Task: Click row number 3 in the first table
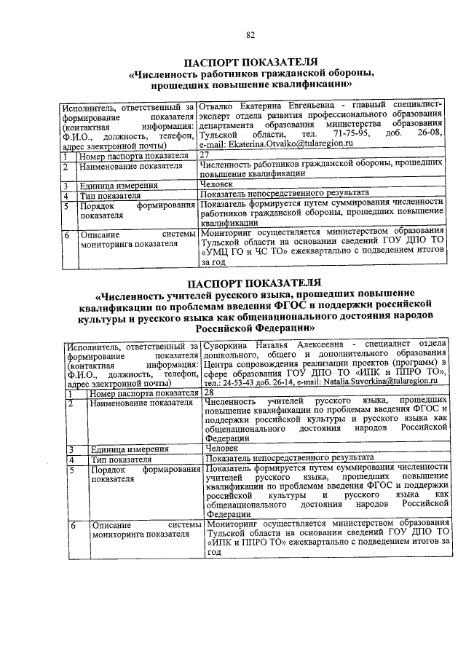tap(66, 186)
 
